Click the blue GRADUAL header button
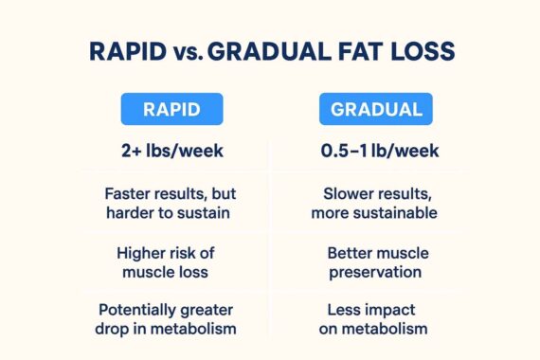[375, 110]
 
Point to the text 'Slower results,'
[374, 193]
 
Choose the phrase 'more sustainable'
[374, 213]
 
